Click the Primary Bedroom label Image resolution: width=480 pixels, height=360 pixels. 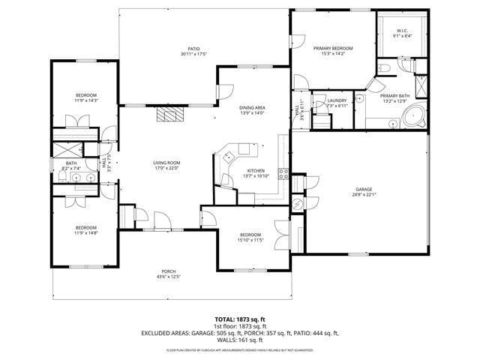pos(332,48)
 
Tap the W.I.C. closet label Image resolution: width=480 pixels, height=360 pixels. pos(403,31)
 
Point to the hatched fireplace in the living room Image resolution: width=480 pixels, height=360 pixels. pos(169,115)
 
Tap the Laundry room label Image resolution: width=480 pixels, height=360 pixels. pos(337,100)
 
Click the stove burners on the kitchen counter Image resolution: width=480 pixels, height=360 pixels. pos(284,174)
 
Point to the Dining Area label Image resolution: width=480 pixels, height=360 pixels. pos(251,108)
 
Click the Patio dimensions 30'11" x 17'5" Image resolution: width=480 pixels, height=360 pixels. pos(193,55)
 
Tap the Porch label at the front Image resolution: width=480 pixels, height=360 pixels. pos(169,271)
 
